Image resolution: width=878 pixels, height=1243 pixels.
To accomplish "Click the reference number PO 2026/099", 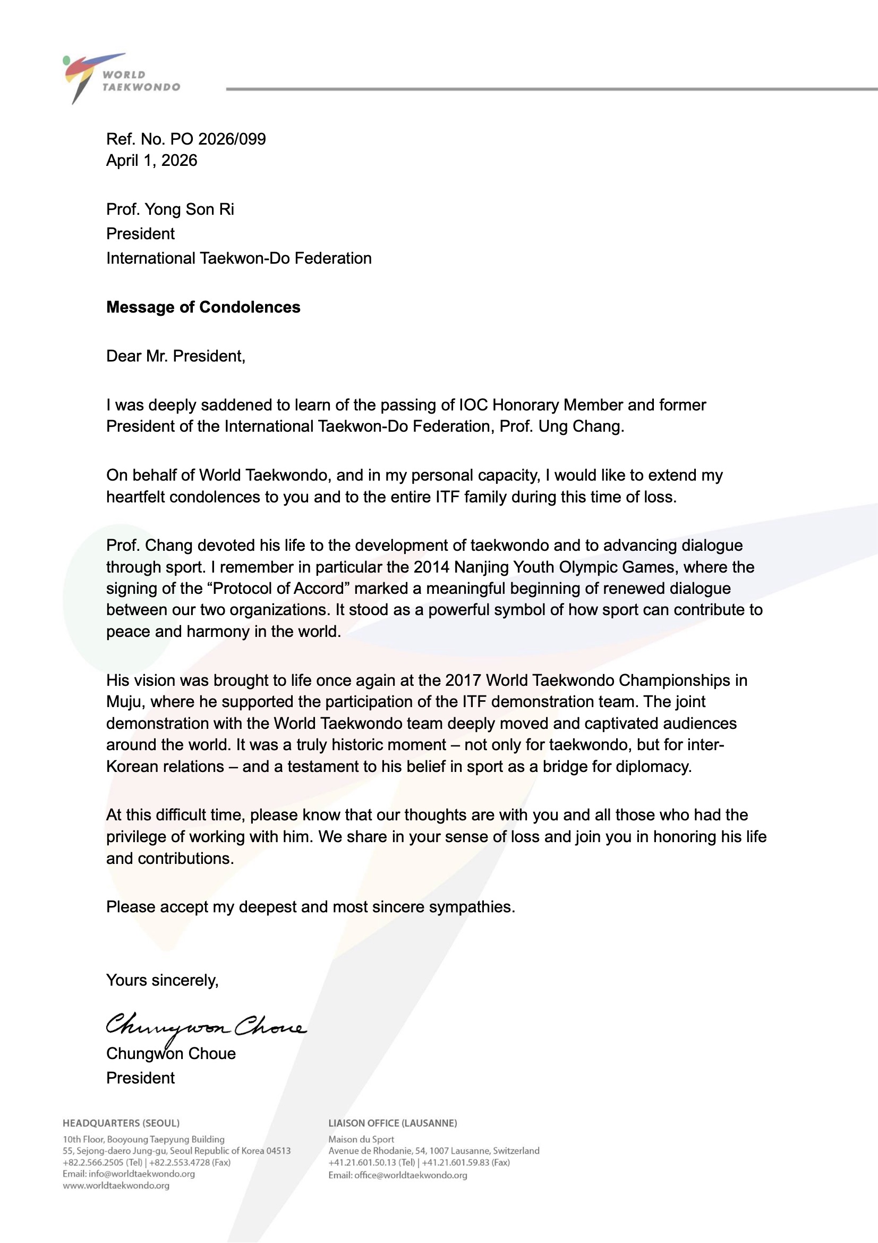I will [217, 139].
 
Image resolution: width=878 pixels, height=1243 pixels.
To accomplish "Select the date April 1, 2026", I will [151, 161].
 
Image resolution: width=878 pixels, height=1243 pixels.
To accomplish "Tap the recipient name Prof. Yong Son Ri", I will [170, 209].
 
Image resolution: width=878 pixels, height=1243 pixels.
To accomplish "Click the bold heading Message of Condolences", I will [203, 307].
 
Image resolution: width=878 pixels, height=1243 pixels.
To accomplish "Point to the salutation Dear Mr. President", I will [175, 356].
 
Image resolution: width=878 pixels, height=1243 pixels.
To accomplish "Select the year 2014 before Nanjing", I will [431, 567].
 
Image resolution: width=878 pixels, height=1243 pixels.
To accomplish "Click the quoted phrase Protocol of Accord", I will [279, 589].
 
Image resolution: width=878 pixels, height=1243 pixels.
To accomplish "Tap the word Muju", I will [124, 702].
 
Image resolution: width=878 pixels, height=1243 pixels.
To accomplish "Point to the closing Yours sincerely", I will [163, 980].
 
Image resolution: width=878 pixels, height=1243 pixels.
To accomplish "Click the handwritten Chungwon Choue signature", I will [206, 1025].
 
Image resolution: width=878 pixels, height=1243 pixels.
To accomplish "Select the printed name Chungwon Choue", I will [171, 1054].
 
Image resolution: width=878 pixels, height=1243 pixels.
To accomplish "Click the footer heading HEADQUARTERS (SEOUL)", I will [121, 1123].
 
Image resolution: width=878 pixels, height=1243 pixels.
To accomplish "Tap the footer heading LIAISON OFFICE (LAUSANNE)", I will [392, 1123].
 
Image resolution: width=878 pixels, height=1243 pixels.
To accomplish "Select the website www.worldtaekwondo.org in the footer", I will [116, 1186].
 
